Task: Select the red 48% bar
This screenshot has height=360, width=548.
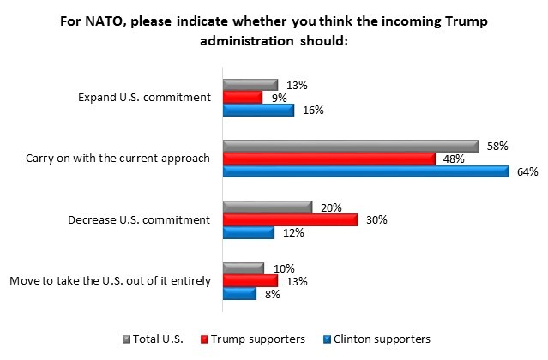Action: [329, 159]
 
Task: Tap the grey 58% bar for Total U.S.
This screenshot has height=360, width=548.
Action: [351, 146]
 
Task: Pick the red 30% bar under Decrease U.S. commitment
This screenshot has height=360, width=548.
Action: [290, 220]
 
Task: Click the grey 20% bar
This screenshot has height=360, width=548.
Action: [267, 207]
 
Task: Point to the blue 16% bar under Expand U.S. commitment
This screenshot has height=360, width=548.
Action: [258, 110]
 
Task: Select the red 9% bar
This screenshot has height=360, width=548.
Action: [243, 98]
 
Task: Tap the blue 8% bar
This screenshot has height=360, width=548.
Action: [239, 294]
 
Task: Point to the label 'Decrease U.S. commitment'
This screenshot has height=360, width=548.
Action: [139, 220]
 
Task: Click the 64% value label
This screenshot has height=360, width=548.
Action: [527, 171]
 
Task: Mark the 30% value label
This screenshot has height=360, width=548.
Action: [377, 220]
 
